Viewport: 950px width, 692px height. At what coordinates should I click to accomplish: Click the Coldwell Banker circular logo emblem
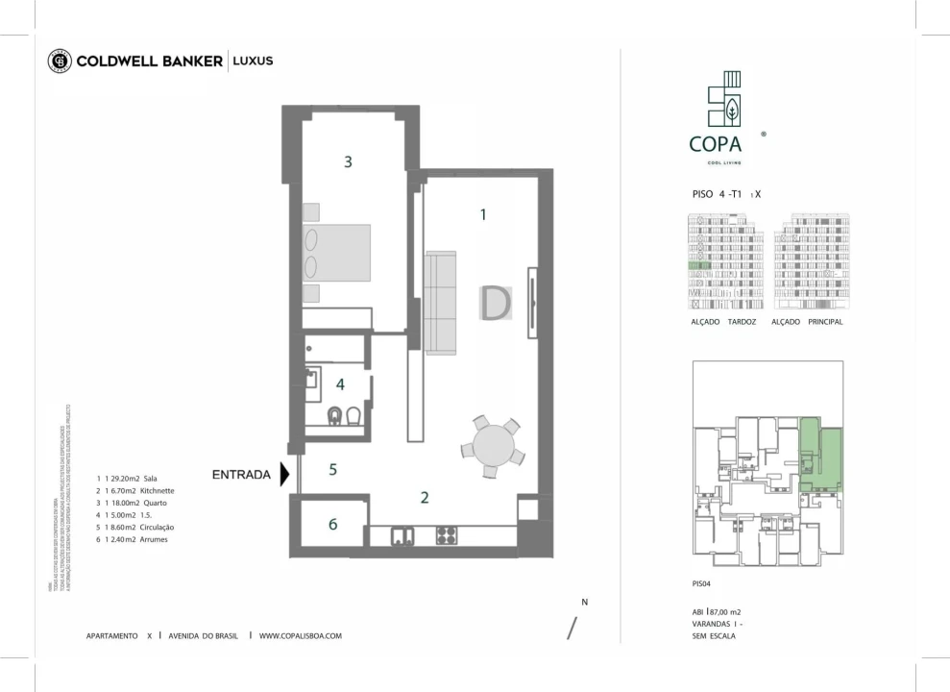pyautogui.click(x=60, y=61)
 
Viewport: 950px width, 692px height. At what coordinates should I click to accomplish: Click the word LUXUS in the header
pyautogui.click(x=253, y=61)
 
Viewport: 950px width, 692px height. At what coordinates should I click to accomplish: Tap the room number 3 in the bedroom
pyautogui.click(x=348, y=162)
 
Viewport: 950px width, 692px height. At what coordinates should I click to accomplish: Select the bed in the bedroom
pyautogui.click(x=336, y=254)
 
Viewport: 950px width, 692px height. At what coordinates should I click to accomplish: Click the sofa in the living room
pyautogui.click(x=441, y=303)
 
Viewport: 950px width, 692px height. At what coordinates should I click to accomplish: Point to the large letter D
pyautogui.click(x=496, y=304)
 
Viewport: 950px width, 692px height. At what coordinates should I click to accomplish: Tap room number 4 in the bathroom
pyautogui.click(x=340, y=384)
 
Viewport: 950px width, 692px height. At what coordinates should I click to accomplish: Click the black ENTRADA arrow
pyautogui.click(x=284, y=474)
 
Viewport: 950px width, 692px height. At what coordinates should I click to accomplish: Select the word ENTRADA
pyautogui.click(x=241, y=474)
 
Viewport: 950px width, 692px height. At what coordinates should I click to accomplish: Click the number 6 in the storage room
pyautogui.click(x=332, y=524)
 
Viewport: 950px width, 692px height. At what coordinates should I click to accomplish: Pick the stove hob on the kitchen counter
pyautogui.click(x=447, y=535)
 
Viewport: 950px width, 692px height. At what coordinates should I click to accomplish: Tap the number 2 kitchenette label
pyautogui.click(x=424, y=497)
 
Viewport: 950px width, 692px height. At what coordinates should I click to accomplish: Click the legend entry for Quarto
pyautogui.click(x=134, y=503)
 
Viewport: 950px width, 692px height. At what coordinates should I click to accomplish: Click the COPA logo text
pyautogui.click(x=715, y=144)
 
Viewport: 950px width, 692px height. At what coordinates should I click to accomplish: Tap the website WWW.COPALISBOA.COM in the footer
pyautogui.click(x=300, y=635)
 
